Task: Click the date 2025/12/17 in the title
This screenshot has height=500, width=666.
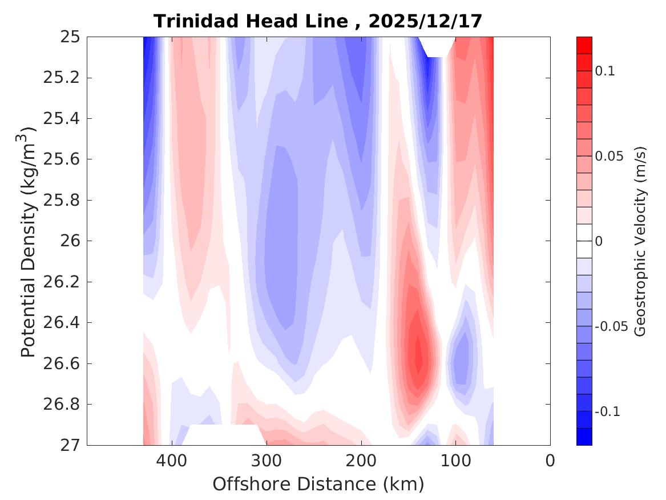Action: (425, 22)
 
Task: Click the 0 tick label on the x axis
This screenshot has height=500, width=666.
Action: (550, 460)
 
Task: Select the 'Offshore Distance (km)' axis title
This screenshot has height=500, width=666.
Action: (318, 485)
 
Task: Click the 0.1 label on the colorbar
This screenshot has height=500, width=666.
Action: (607, 71)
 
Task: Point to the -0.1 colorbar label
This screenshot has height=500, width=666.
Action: (608, 412)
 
